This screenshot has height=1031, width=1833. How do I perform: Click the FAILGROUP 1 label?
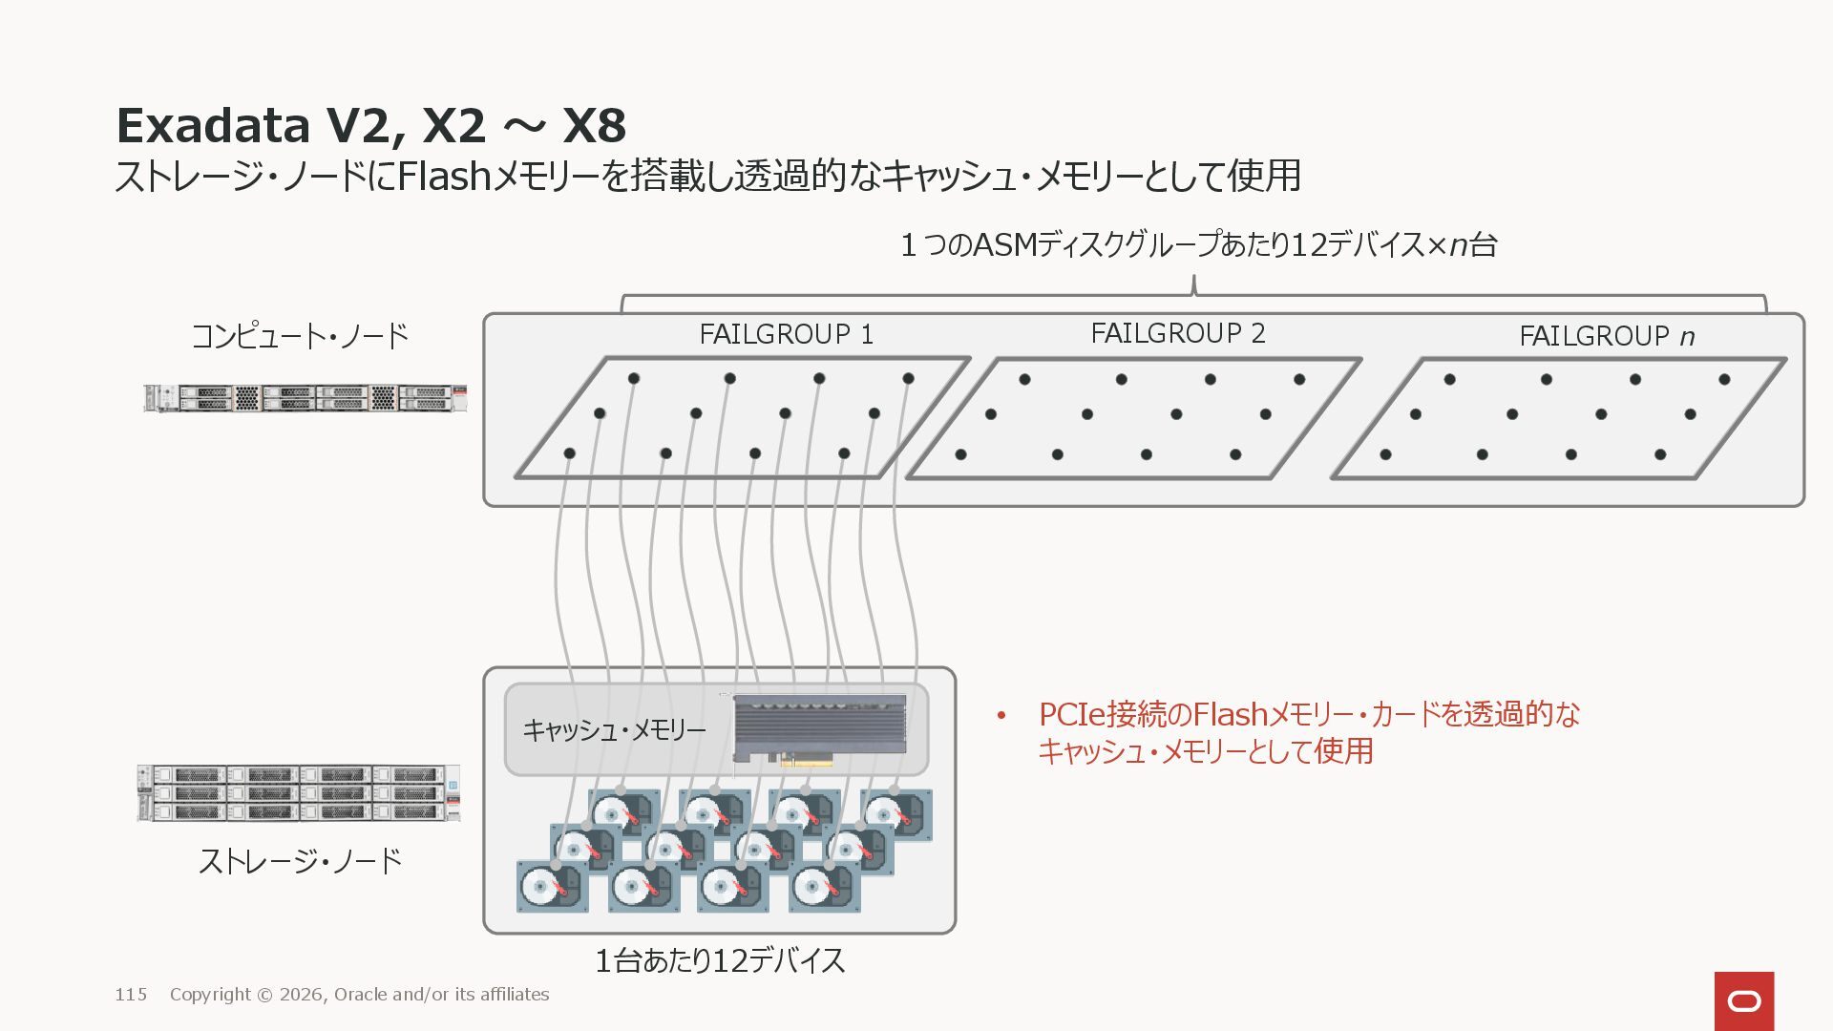click(786, 334)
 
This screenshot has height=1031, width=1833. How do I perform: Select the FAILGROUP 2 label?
click(1177, 333)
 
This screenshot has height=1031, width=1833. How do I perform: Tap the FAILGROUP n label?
click(1606, 336)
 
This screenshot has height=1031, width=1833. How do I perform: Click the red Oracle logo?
click(1744, 1000)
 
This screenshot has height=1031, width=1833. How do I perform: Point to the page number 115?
click(131, 995)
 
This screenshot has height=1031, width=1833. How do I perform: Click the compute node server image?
click(305, 398)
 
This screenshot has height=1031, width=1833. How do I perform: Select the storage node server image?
click(299, 792)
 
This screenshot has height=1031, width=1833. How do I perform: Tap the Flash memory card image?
click(820, 729)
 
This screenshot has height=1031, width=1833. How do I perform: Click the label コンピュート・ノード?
click(300, 336)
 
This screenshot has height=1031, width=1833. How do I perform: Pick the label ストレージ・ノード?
click(300, 861)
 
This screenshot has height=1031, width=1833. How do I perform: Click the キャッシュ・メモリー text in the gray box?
click(614, 730)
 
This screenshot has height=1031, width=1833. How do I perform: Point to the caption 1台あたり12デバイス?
click(720, 960)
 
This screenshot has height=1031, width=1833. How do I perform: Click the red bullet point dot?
click(1001, 715)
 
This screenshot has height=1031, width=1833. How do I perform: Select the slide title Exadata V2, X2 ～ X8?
click(370, 125)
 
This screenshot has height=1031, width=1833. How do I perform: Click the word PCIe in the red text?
click(1071, 714)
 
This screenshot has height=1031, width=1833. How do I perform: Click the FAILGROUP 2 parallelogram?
click(1132, 418)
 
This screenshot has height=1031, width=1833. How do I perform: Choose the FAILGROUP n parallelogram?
click(1558, 418)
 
